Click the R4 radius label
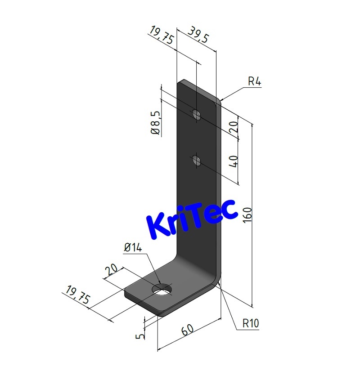click(254, 82)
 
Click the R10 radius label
click(251, 323)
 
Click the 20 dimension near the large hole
click(111, 270)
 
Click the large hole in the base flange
click(162, 290)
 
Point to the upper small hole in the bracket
click(196, 114)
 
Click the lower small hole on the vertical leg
click(196, 160)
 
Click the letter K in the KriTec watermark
click(157, 226)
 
